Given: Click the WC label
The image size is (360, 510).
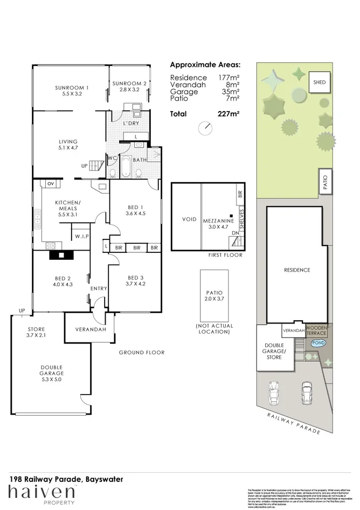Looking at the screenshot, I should click(x=113, y=158).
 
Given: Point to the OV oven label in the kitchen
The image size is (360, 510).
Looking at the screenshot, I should click(x=51, y=184).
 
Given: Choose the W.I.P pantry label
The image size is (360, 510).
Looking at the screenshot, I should click(x=82, y=236).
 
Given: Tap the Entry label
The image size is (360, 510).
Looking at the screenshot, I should click(x=99, y=288).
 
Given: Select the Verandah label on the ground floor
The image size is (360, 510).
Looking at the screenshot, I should click(x=90, y=329).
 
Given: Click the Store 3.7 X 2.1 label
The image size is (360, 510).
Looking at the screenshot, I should click(x=36, y=332).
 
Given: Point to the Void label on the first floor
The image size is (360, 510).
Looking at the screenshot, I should click(x=189, y=219).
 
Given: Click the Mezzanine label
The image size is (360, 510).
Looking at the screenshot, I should click(x=218, y=221).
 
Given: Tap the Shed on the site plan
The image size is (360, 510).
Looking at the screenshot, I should click(x=320, y=82).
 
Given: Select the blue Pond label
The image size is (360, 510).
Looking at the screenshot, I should click(x=319, y=343).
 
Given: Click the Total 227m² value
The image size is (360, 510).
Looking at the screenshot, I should click(x=230, y=114).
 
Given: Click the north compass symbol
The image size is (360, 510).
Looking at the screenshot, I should click(x=205, y=128).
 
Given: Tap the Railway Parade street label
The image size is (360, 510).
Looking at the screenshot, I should click(x=294, y=423).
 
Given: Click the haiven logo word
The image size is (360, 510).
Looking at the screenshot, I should click(x=41, y=492).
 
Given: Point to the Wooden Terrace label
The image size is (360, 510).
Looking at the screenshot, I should click(x=316, y=330).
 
